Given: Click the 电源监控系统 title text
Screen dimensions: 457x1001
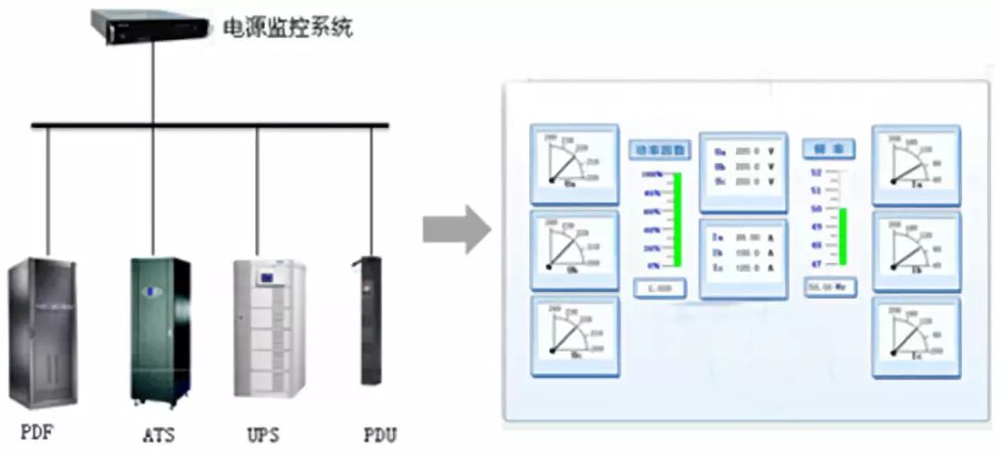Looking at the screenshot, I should click(287, 28).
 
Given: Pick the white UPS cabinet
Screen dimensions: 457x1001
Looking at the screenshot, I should click(268, 328).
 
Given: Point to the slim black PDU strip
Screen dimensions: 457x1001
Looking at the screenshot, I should click(372, 320).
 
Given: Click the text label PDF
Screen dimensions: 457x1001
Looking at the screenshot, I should click(39, 433).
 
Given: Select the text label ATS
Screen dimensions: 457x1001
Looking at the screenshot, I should click(158, 435).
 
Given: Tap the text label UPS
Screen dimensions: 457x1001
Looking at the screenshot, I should click(263, 435).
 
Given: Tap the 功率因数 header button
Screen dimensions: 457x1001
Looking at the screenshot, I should click(660, 149).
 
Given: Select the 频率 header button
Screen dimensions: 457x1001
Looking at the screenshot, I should click(829, 148).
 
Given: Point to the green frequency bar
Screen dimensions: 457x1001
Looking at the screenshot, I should click(843, 237).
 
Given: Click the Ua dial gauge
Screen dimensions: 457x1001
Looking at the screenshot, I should click(574, 164).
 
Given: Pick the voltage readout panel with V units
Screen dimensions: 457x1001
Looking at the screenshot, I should click(742, 167).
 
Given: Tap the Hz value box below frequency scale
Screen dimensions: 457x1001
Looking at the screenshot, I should click(829, 288).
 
